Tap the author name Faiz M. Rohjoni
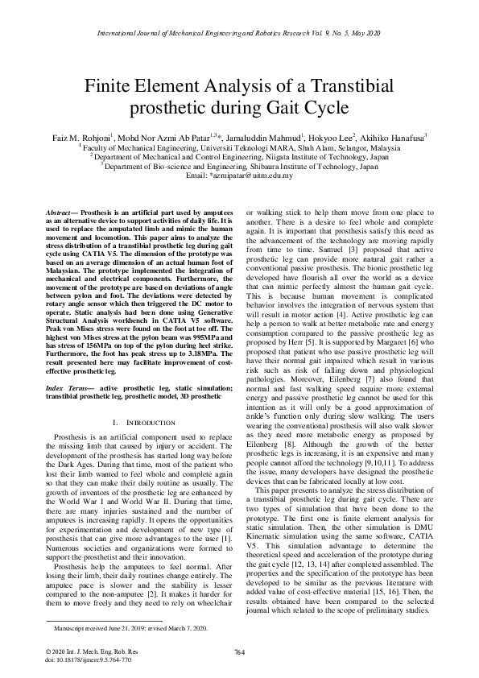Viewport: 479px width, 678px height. [x=79, y=138]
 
